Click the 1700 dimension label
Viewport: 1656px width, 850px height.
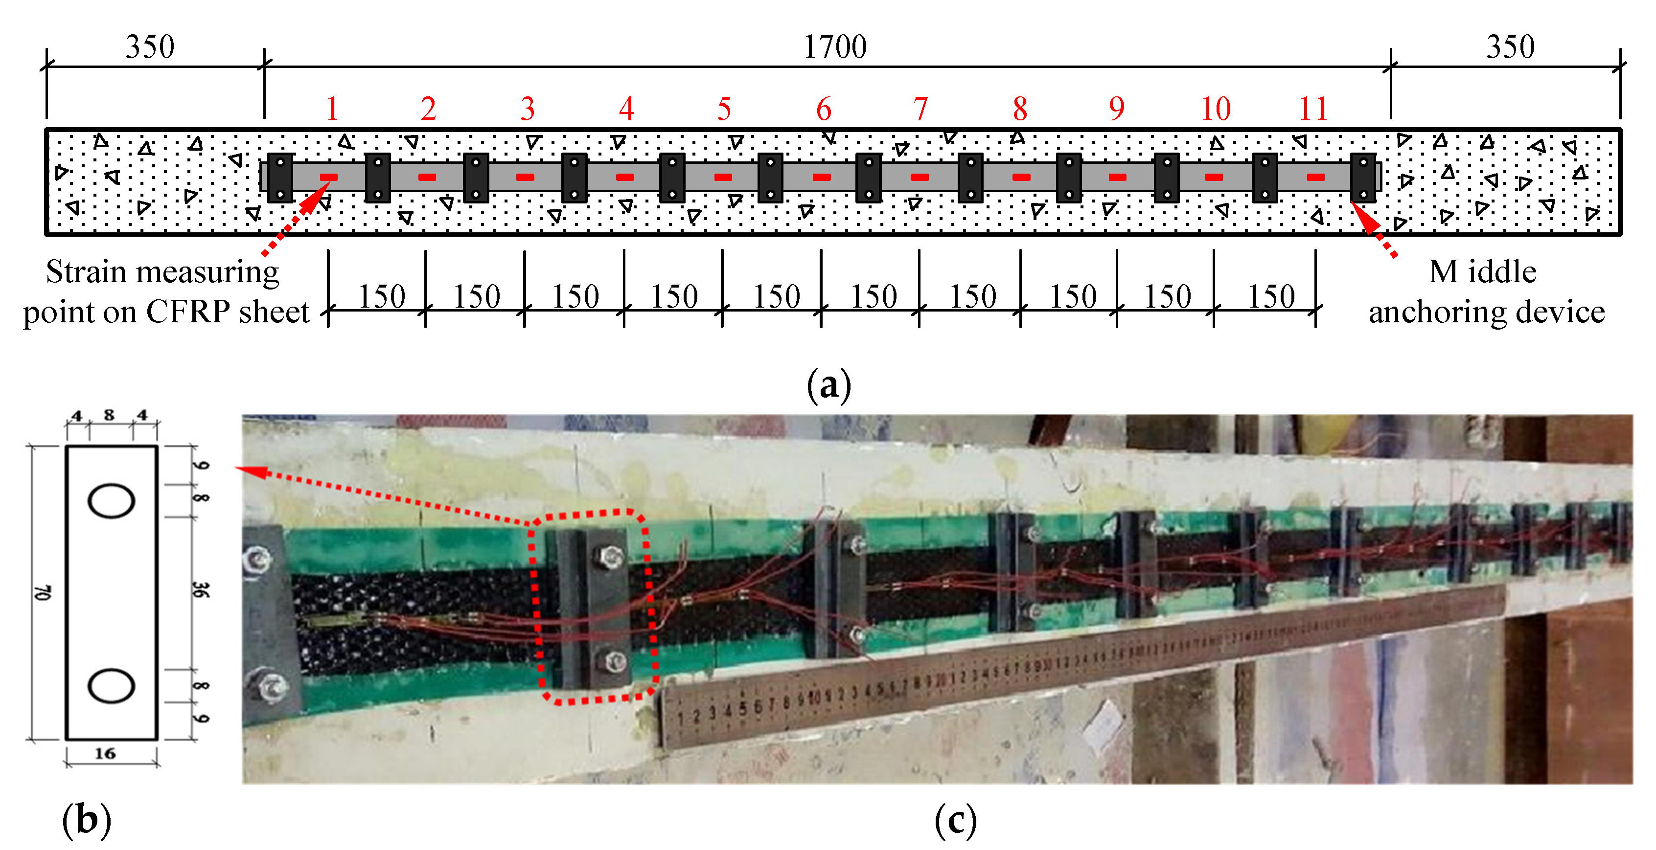tap(834, 47)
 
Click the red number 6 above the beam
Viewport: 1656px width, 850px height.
tap(824, 109)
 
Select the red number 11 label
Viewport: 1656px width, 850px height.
tap(1313, 109)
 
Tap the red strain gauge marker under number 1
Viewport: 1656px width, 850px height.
tap(328, 177)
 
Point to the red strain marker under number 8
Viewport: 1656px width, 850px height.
tap(1021, 177)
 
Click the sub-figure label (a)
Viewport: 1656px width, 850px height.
tap(828, 385)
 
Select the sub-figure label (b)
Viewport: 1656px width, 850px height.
tap(86, 821)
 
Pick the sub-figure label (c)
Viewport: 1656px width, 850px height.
tap(955, 821)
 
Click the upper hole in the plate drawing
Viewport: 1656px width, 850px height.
tap(111, 501)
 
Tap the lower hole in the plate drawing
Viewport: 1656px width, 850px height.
tap(111, 686)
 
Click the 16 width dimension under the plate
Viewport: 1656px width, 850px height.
tap(105, 754)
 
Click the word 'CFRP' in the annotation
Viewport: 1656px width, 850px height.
tap(188, 312)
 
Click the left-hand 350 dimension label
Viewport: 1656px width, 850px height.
tap(149, 47)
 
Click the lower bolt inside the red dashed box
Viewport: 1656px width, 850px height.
tap(615, 660)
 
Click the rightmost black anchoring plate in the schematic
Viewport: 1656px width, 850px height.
tap(1363, 178)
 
